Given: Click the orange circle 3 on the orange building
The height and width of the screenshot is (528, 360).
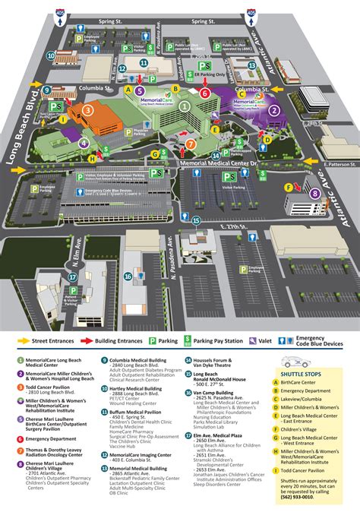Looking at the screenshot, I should [87, 110].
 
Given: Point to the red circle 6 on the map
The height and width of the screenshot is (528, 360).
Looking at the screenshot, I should [204, 93].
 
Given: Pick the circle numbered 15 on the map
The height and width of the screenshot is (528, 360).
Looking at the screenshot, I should [196, 220].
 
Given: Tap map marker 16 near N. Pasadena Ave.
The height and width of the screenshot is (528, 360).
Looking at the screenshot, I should [128, 277].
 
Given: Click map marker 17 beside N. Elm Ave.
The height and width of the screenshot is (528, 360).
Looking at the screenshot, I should [51, 277].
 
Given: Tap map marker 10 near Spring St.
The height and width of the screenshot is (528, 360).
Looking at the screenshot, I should [49, 55].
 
